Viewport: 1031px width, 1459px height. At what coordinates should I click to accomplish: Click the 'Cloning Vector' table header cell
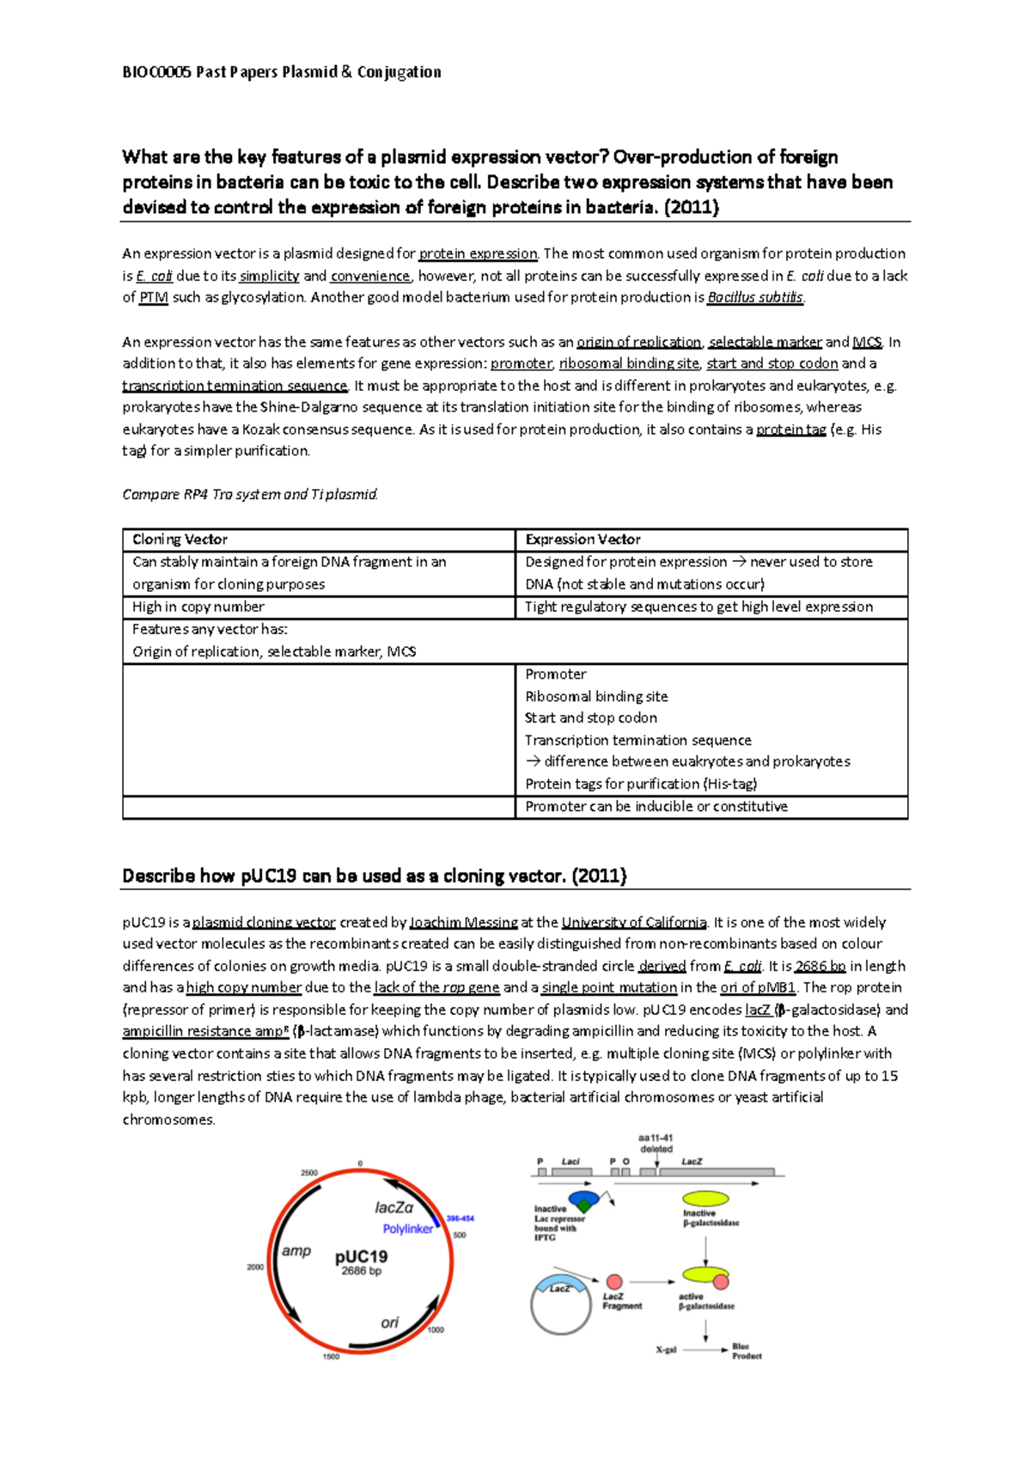(180, 540)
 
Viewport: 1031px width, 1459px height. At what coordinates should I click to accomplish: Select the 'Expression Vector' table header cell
(583, 540)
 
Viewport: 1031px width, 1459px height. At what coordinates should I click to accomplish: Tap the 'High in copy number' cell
(198, 607)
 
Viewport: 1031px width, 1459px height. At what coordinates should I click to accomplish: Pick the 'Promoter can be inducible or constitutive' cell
(656, 807)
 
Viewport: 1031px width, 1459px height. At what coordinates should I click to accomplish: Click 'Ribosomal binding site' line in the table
(596, 696)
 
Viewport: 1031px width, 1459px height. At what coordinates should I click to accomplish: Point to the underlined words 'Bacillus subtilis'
(755, 297)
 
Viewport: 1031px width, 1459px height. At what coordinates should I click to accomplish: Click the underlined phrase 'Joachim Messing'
(464, 922)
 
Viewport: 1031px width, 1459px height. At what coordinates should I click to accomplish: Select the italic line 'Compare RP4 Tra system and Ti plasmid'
(250, 494)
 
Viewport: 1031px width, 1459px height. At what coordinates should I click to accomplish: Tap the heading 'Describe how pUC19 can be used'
(375, 876)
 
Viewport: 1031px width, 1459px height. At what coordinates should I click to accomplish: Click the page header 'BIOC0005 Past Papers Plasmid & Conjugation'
(282, 72)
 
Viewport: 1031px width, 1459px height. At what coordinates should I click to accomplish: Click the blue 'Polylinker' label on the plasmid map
(408, 1229)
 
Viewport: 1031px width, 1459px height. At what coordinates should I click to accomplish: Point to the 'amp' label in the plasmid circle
(296, 1251)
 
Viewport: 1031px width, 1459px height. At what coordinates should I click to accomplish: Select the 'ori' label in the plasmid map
(390, 1322)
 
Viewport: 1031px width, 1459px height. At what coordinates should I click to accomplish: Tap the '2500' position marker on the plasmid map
(309, 1173)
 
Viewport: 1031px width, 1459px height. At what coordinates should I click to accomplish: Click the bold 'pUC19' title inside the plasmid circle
(361, 1256)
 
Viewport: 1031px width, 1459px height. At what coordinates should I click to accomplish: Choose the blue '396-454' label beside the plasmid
(461, 1218)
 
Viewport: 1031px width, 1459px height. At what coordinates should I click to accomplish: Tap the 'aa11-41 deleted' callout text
(656, 1143)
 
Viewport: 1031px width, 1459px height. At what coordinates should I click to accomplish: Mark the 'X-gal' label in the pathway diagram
(666, 1350)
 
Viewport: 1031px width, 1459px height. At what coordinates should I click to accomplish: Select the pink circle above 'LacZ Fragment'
(614, 1282)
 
